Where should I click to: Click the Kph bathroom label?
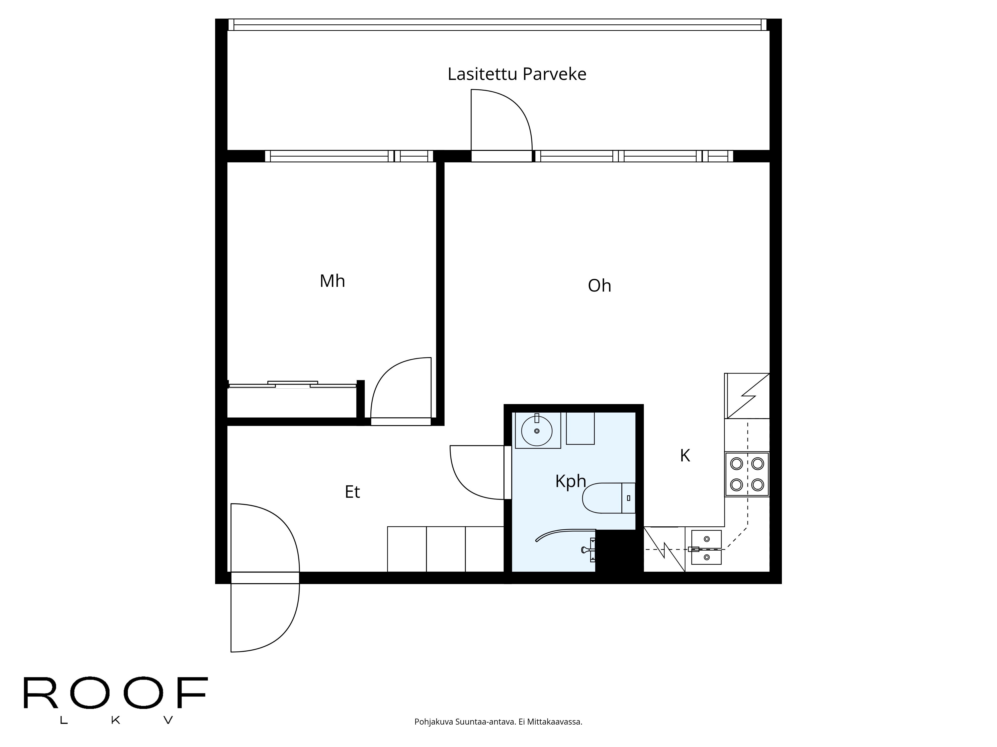point(570,481)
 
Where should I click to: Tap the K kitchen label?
point(685,456)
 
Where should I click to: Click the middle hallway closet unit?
point(446,549)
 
